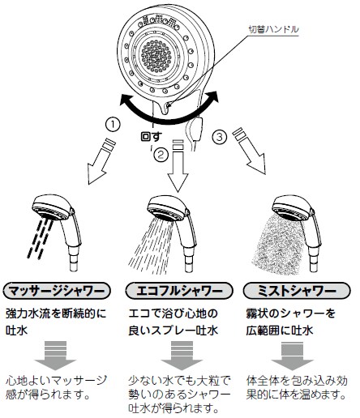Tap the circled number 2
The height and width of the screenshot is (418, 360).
coord(161,151)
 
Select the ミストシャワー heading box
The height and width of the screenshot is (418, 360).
coord(290,289)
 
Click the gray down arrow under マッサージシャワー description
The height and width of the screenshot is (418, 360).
coord(54,354)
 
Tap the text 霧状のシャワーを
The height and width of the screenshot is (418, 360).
coord(288,312)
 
